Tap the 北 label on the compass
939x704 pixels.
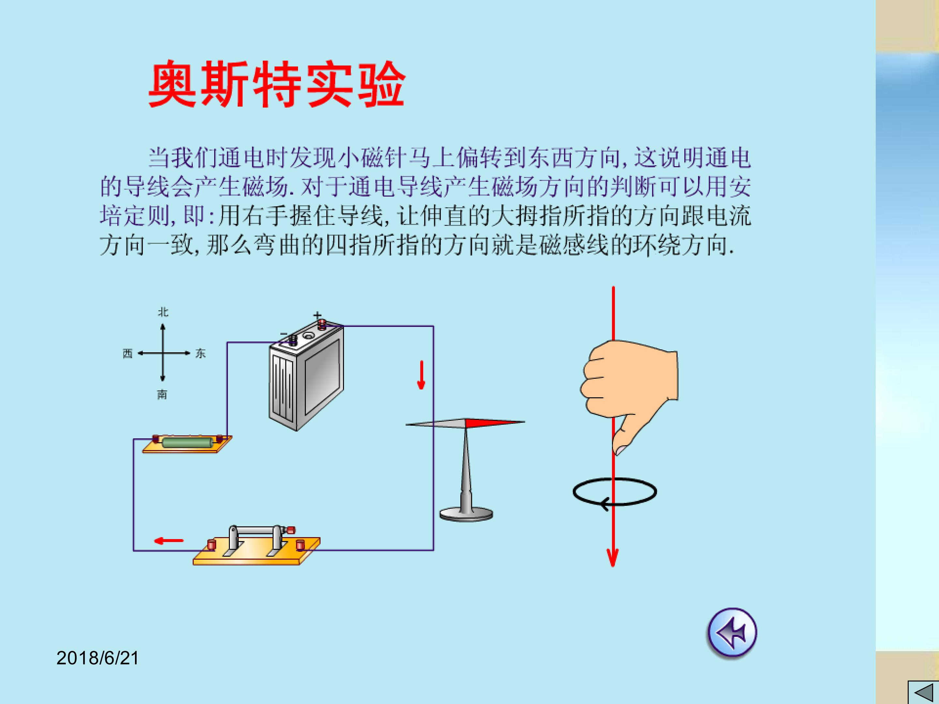(x=163, y=312)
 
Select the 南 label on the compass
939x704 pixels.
(x=162, y=395)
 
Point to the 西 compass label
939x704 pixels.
(x=128, y=354)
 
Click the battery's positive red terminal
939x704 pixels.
(x=322, y=325)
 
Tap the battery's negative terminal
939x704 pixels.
(x=293, y=339)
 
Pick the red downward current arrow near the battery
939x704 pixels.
(x=421, y=375)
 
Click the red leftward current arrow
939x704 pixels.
(x=169, y=541)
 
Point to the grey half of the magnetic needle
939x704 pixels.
(x=436, y=423)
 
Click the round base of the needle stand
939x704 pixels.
(x=466, y=514)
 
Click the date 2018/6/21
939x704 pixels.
(x=97, y=658)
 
